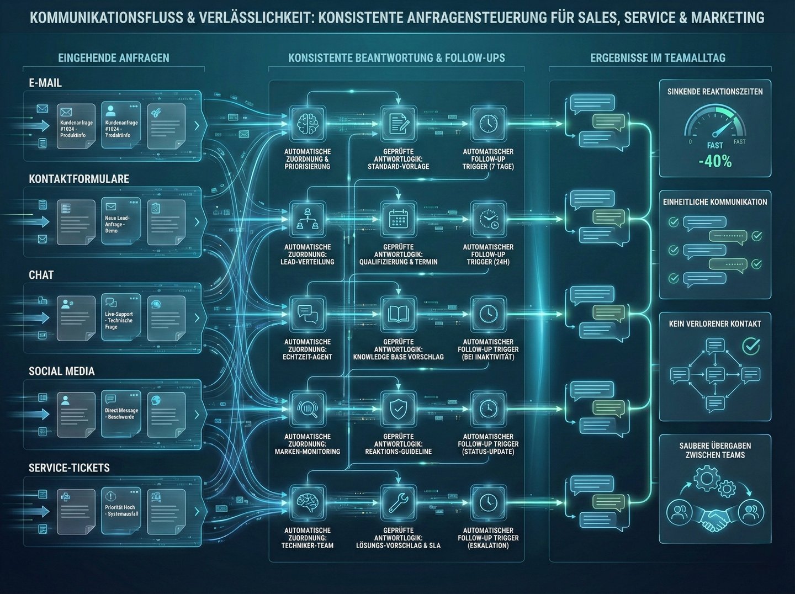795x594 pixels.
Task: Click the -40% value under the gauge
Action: [715, 162]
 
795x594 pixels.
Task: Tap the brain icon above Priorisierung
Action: [308, 123]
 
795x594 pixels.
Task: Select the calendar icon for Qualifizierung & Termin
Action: [398, 219]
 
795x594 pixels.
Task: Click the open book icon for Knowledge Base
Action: [398, 314]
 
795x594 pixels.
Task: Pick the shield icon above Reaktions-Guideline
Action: [398, 409]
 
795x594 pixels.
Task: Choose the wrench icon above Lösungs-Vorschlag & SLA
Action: [398, 503]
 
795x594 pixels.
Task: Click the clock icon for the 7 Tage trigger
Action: [488, 123]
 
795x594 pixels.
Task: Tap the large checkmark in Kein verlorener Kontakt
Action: [751, 346]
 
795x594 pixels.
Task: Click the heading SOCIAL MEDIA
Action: [62, 372]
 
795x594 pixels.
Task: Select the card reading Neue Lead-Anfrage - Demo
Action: [121, 222]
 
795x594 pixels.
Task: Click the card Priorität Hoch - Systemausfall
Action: [121, 511]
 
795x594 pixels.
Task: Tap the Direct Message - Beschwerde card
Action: [121, 414]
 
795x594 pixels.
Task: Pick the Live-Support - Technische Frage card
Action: [121, 319]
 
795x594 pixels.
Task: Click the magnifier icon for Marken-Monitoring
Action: [308, 409]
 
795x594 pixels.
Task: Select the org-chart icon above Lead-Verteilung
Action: [308, 219]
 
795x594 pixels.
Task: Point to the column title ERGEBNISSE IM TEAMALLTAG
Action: [658, 58]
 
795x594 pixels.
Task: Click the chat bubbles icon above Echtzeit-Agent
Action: [308, 314]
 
